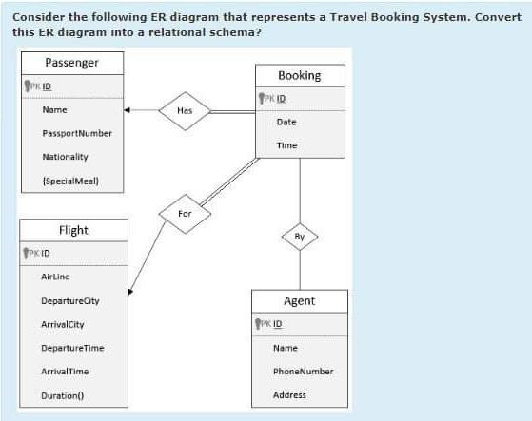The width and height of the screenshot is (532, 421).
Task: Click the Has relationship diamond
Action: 185,109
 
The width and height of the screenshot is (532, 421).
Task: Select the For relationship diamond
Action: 185,214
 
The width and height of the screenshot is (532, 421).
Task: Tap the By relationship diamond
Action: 300,235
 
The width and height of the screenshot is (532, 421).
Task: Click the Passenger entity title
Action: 71,63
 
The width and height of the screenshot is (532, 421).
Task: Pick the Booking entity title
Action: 299,75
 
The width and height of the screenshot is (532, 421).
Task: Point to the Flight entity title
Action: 73,230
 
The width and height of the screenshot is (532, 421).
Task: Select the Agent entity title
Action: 299,300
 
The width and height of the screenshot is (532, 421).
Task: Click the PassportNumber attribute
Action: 77,133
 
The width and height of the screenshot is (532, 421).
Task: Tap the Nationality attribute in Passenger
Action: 65,156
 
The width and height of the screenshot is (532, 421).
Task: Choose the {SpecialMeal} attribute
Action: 70,180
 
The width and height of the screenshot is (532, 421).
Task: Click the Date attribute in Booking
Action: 286,122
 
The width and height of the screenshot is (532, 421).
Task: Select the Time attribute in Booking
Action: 286,145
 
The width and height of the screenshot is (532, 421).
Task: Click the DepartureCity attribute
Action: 69,300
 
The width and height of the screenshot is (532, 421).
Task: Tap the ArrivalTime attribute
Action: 65,371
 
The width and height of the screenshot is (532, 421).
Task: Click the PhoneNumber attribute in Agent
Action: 303,371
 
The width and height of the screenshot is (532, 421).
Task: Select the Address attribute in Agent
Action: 289,394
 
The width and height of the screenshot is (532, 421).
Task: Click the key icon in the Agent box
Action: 259,324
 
